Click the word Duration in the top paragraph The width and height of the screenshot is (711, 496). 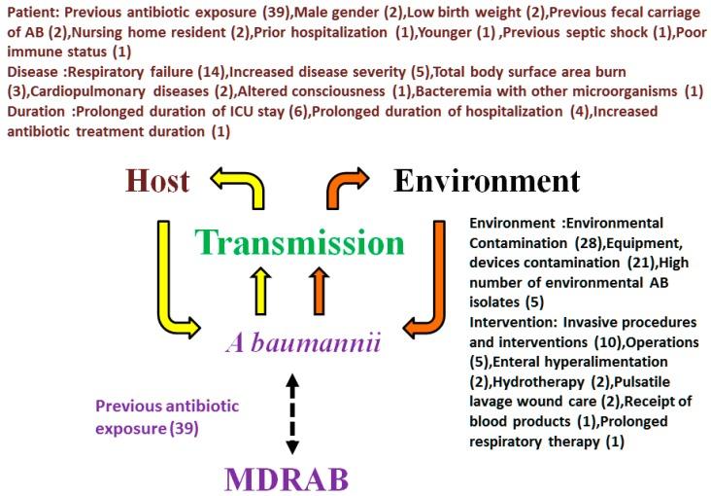[33, 112]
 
